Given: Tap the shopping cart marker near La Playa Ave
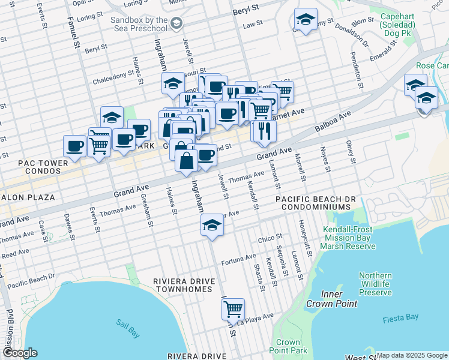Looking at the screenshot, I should [x=233, y=310].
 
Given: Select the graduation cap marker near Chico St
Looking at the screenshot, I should [x=211, y=226].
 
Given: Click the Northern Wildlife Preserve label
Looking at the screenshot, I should [x=375, y=284].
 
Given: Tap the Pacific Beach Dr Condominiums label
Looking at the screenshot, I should [x=313, y=202].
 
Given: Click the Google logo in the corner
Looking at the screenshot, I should [x=19, y=353].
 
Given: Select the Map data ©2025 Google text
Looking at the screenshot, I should [x=411, y=355].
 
